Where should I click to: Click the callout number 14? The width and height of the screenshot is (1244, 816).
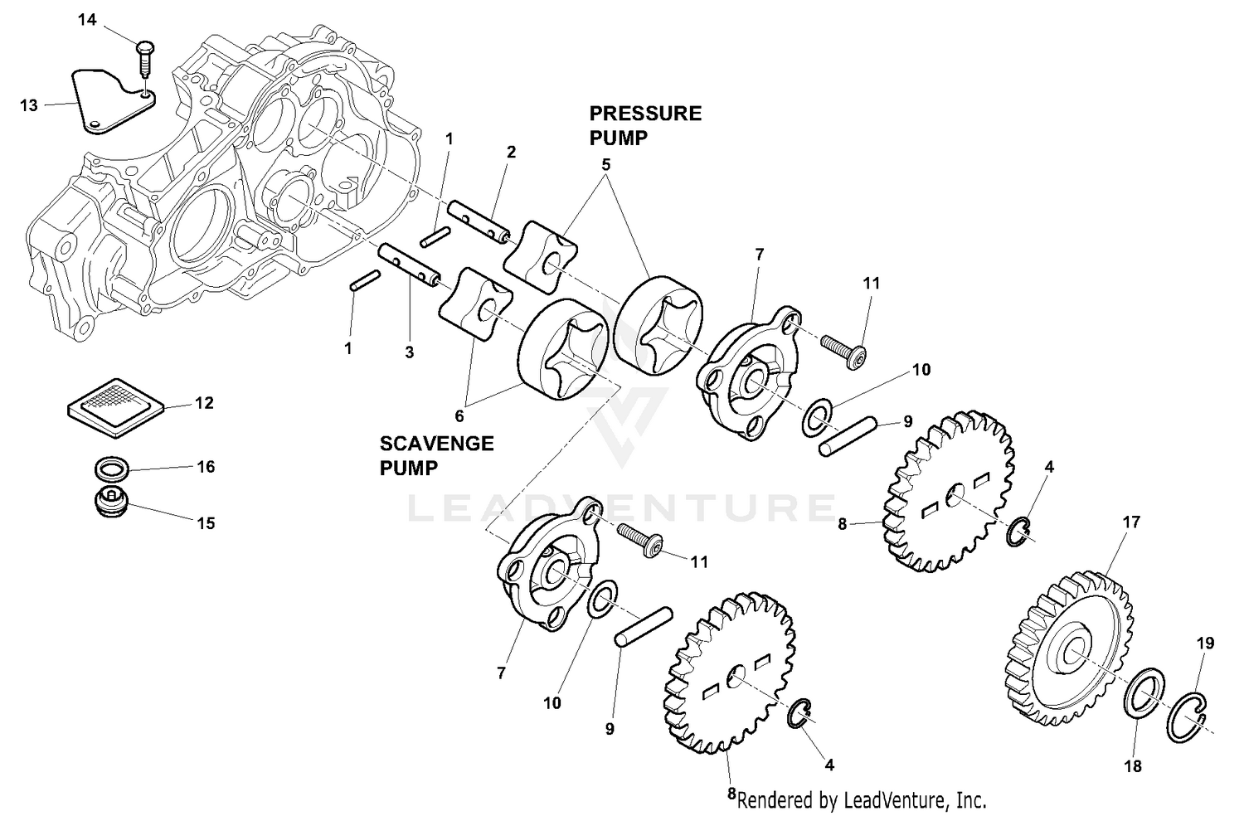(87, 20)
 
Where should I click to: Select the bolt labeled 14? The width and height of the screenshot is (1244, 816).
(143, 59)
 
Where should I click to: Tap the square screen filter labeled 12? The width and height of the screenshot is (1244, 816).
(116, 406)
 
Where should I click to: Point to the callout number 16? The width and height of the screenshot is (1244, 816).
(205, 467)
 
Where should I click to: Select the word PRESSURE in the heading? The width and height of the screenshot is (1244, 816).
(645, 114)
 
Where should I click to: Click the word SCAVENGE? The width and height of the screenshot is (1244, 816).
(436, 444)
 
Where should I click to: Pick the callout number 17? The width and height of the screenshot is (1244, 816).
(1131, 522)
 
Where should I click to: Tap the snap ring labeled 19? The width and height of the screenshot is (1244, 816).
(1188, 716)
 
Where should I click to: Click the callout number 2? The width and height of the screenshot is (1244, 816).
(511, 152)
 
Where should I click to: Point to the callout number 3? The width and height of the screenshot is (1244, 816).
(409, 352)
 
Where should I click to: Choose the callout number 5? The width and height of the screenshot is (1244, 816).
(606, 165)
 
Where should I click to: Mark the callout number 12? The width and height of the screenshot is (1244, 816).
(205, 403)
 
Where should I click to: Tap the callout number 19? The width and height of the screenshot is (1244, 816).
(1205, 643)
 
